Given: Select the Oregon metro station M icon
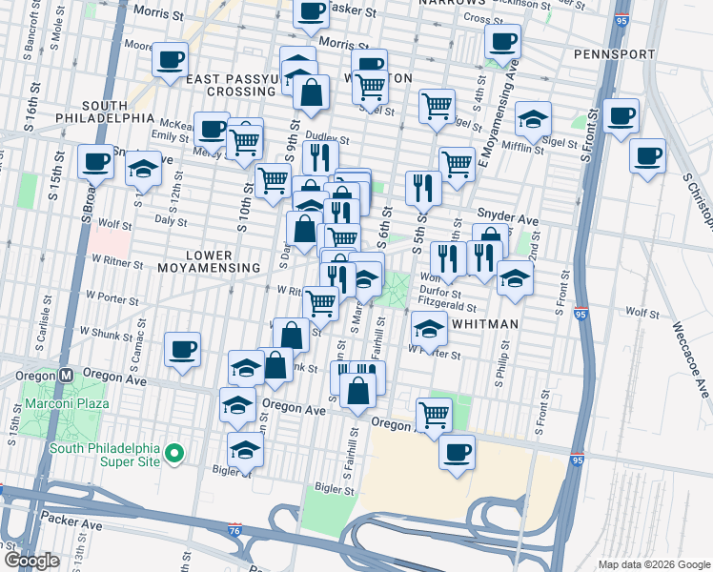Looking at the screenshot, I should click(67, 375).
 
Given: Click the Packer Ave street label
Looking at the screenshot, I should click(71, 524).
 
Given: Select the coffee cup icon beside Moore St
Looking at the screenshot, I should click(171, 60).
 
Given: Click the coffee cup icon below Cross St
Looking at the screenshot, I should click(502, 41).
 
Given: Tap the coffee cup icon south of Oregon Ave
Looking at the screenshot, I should click(458, 451).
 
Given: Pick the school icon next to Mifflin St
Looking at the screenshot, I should click(534, 119).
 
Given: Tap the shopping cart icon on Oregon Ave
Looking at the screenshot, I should click(435, 416).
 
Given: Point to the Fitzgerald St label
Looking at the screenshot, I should click(447, 308).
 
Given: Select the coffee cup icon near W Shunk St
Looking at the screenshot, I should click(182, 349).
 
